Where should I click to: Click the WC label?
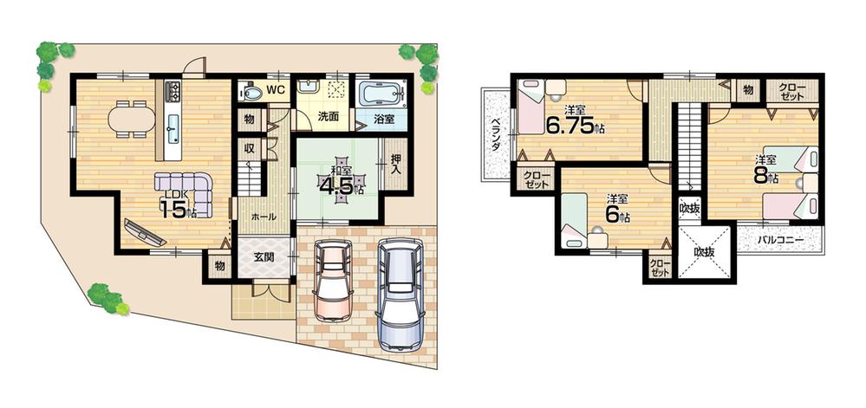(275, 88)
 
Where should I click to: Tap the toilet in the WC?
(251, 91)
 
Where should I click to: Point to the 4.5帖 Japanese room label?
(340, 184)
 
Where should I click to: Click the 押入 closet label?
(395, 164)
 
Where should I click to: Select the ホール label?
(263, 217)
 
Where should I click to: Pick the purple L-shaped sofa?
(185, 185)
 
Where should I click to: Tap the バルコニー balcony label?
(779, 239)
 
